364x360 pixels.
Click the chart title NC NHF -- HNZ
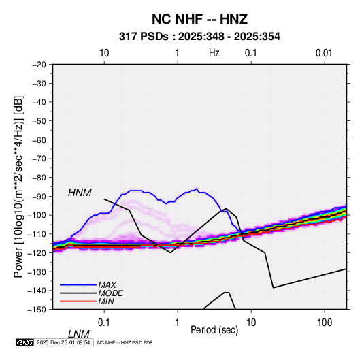(x=199, y=19)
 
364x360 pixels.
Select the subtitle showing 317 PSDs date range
(x=199, y=37)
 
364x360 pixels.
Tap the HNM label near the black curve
(x=80, y=193)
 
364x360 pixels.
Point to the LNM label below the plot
(x=79, y=334)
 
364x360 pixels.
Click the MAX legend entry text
(x=107, y=285)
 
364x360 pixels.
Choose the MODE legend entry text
(x=110, y=293)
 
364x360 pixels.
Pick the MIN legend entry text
(x=106, y=301)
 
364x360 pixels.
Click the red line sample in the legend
(x=78, y=301)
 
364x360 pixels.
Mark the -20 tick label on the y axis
(x=39, y=65)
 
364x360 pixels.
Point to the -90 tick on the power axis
(x=39, y=197)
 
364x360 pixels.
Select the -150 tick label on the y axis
(x=37, y=310)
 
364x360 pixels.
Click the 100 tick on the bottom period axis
(x=325, y=323)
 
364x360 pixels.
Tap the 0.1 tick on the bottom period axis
(x=104, y=323)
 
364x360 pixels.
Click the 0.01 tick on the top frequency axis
(x=324, y=53)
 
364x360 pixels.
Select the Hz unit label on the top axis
(x=214, y=53)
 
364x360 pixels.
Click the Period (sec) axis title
(x=214, y=330)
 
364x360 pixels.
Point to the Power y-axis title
(x=18, y=187)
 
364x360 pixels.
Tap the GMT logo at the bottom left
(x=24, y=342)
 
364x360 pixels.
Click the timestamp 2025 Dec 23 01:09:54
(x=63, y=342)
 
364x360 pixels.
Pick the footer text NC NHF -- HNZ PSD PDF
(x=125, y=342)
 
